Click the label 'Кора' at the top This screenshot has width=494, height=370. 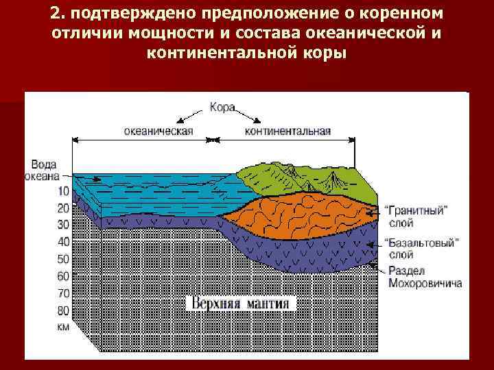coord(222,108)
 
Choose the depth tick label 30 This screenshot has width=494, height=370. coord(63,224)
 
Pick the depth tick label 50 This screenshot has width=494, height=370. coord(63,259)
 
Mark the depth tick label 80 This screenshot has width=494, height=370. coord(63,310)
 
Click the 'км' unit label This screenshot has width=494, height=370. coord(63,327)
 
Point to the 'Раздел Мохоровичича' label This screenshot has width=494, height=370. coord(424,277)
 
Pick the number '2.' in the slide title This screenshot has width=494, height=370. coord(57,15)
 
